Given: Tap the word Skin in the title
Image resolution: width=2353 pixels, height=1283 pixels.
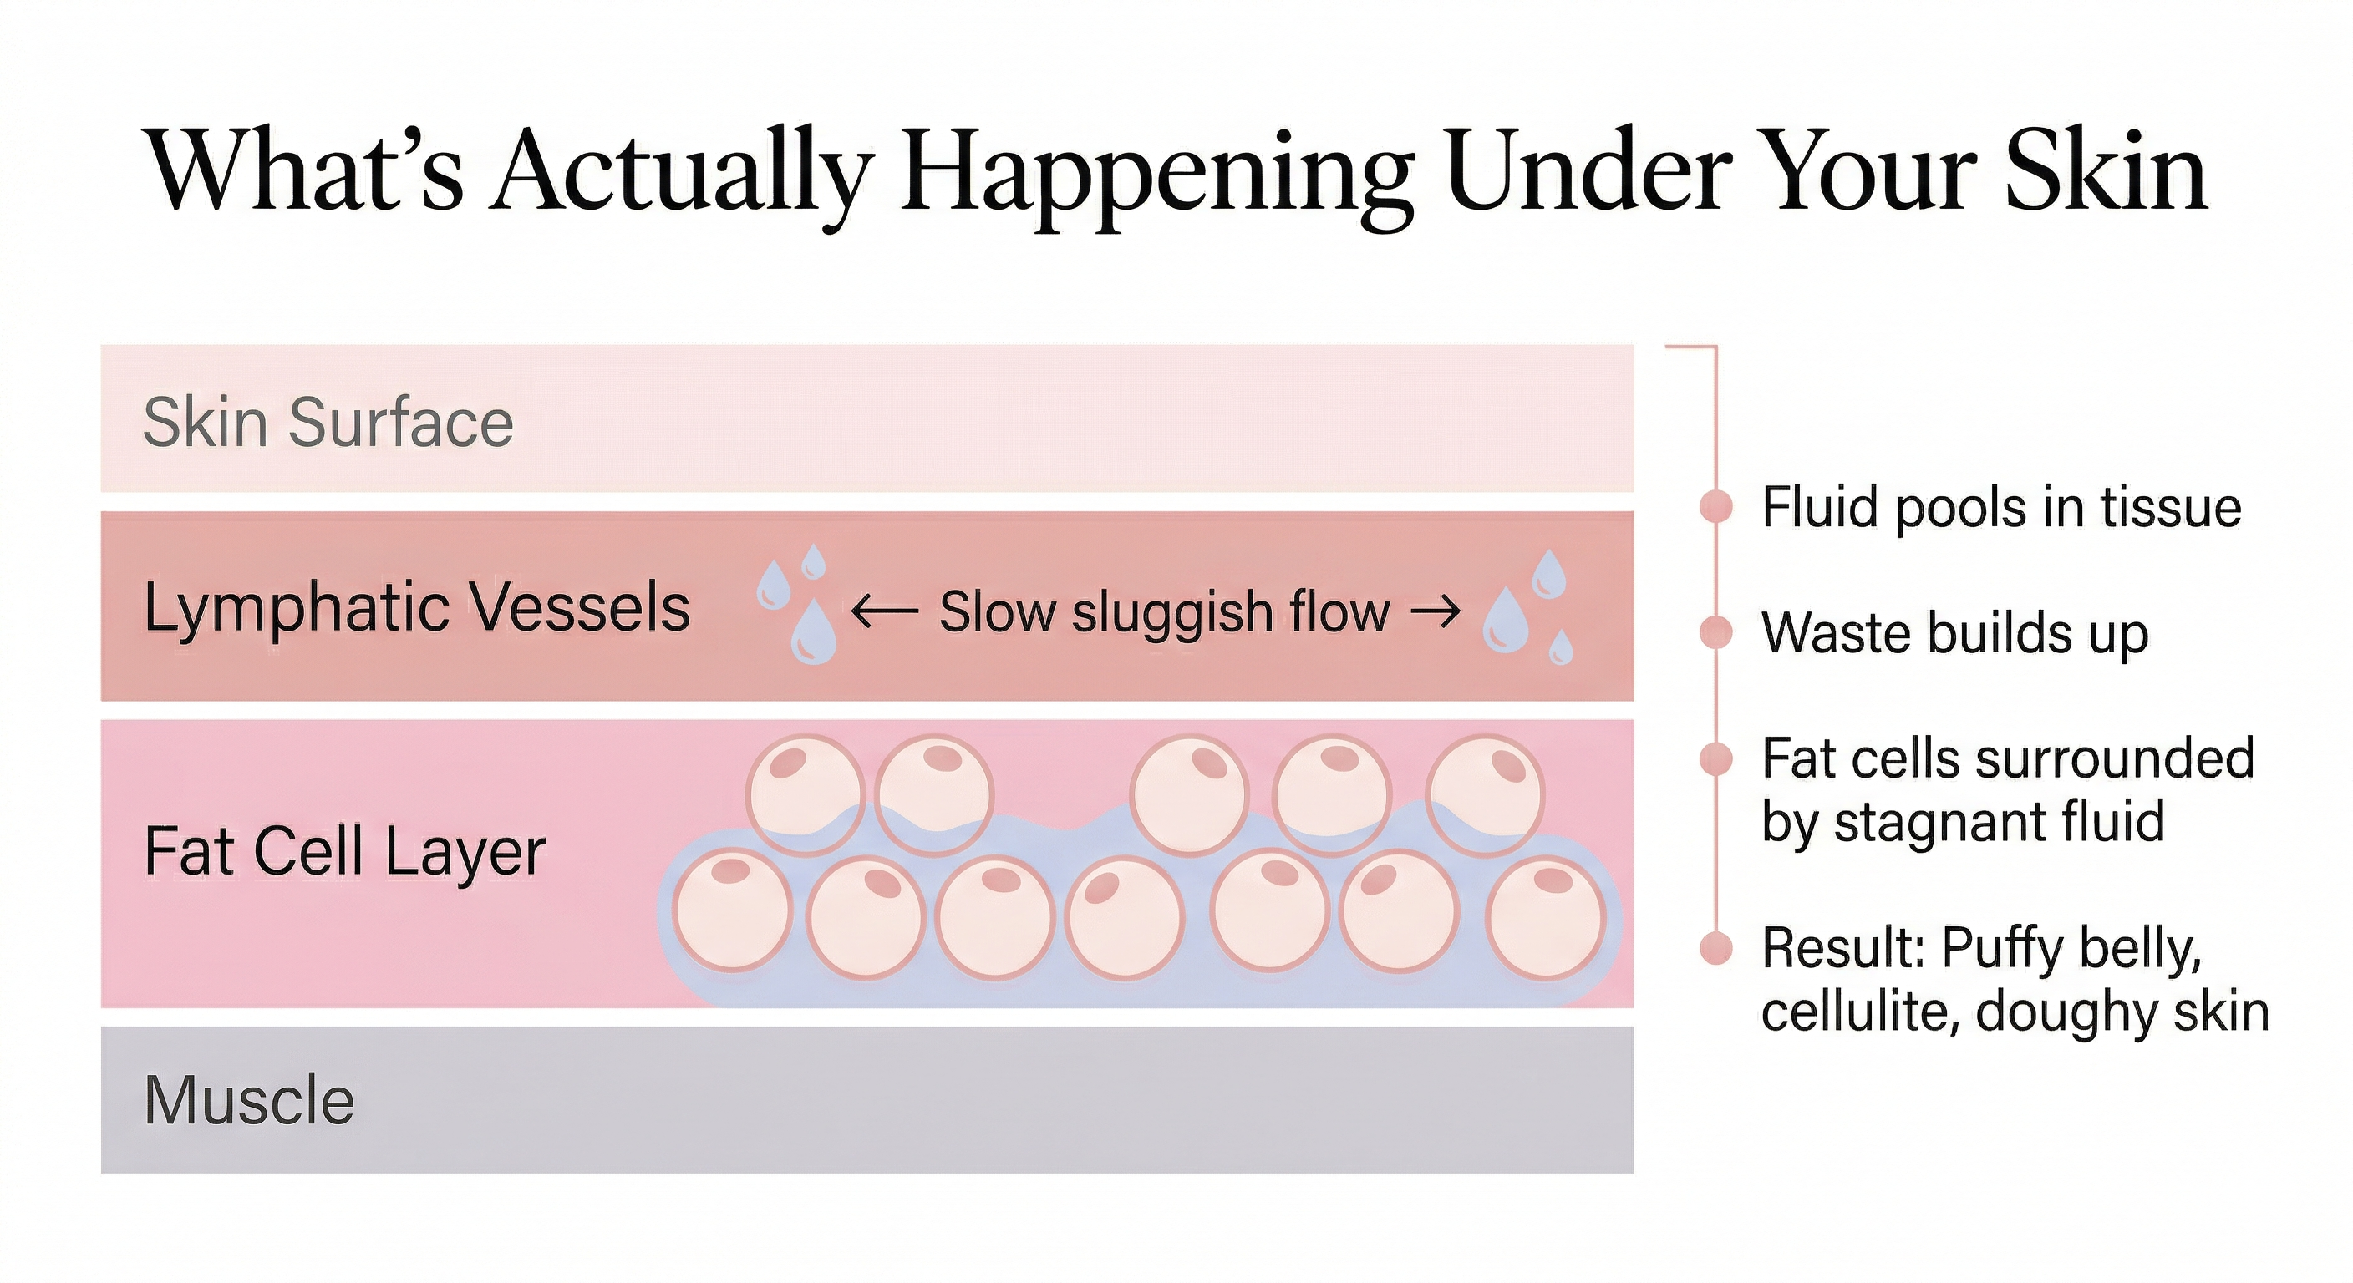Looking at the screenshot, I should (2106, 172).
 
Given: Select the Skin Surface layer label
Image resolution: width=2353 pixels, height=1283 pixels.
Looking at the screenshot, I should (328, 423).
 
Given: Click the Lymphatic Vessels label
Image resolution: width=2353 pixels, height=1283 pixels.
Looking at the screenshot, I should (416, 608).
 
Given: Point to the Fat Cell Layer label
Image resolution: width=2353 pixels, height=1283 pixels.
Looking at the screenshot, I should (344, 851).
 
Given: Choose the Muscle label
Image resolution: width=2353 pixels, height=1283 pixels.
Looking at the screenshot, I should (248, 1099).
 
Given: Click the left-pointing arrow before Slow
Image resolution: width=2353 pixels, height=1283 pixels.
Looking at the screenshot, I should (884, 611).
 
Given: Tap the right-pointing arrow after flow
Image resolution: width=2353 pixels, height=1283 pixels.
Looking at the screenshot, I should (1436, 611).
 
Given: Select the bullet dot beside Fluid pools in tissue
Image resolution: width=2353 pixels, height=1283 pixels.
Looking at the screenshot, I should (1716, 507).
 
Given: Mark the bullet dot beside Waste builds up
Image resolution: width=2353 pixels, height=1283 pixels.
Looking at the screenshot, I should (1716, 632).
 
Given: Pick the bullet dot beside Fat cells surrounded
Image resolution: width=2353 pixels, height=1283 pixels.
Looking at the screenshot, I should (1716, 758).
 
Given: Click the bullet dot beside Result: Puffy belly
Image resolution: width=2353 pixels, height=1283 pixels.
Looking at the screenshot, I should (1716, 948).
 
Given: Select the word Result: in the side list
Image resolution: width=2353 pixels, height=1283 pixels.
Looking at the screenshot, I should (1843, 948).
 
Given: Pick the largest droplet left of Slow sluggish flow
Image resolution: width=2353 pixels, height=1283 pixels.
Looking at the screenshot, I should (813, 633).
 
